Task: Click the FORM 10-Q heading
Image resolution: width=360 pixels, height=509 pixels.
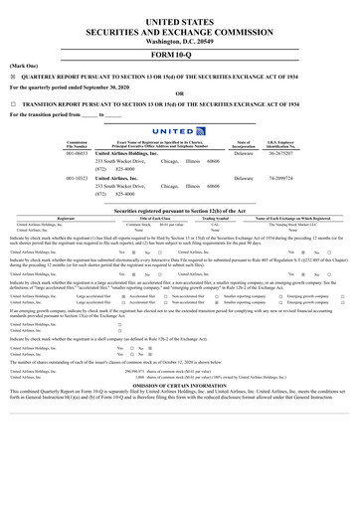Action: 179,56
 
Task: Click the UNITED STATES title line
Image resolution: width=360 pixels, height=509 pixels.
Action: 179,20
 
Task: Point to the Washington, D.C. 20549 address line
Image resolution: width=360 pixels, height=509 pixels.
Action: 179,43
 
